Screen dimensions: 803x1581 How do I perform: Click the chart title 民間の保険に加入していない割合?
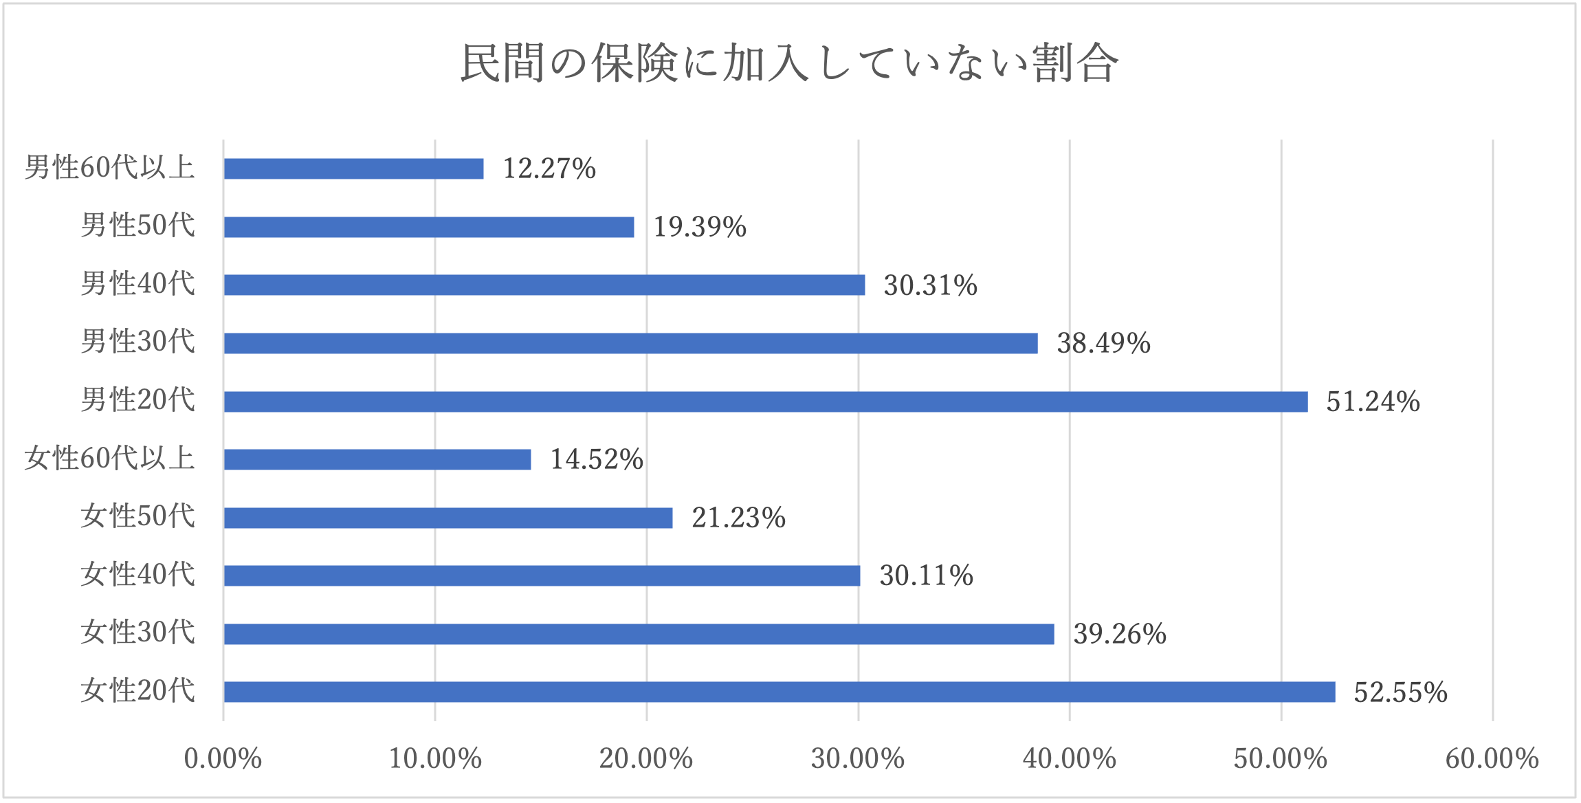[x=789, y=63]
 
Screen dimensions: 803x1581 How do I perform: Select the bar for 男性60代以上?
[x=353, y=168]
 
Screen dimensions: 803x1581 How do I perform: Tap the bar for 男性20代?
[x=765, y=401]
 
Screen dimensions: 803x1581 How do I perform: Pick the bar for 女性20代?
[x=779, y=692]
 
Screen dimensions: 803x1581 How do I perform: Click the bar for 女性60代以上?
[x=377, y=459]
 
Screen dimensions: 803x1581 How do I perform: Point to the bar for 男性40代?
[x=544, y=285]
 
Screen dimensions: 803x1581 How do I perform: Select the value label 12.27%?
[x=549, y=168]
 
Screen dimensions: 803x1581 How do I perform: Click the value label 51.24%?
[x=1373, y=401]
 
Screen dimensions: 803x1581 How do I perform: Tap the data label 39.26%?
[x=1120, y=634]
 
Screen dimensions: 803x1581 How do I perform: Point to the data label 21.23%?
[x=738, y=518]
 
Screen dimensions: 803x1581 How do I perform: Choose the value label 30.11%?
[x=926, y=575]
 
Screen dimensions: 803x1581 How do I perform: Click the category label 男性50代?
[x=138, y=225]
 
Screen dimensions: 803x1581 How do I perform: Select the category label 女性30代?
[x=138, y=632]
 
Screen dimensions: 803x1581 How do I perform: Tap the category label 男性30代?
[x=138, y=342]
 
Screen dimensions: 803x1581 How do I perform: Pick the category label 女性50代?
[x=138, y=516]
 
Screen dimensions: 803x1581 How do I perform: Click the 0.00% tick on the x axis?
[x=223, y=759]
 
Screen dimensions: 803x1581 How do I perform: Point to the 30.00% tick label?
[x=857, y=759]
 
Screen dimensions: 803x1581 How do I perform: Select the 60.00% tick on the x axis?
[x=1492, y=759]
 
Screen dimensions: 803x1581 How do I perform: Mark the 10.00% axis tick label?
[x=434, y=759]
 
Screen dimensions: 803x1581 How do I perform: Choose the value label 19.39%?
[x=700, y=227]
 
